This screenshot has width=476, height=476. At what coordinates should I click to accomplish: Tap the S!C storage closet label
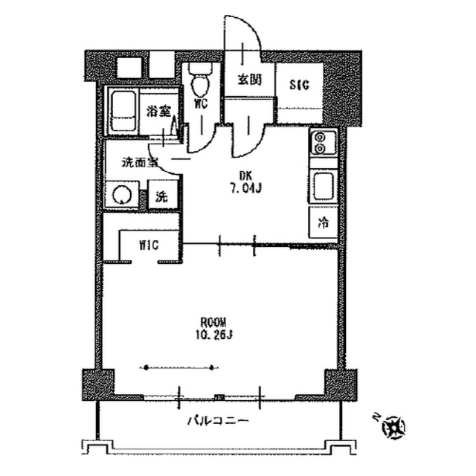[x=300, y=83]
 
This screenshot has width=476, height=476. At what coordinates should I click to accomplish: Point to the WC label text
[x=200, y=104]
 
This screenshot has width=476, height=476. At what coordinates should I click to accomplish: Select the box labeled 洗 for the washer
[x=161, y=198]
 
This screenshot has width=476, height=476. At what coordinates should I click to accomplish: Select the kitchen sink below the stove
[x=324, y=187]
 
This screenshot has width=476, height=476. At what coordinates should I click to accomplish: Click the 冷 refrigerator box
[x=324, y=222]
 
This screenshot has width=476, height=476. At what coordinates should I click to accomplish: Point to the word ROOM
[x=214, y=322]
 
